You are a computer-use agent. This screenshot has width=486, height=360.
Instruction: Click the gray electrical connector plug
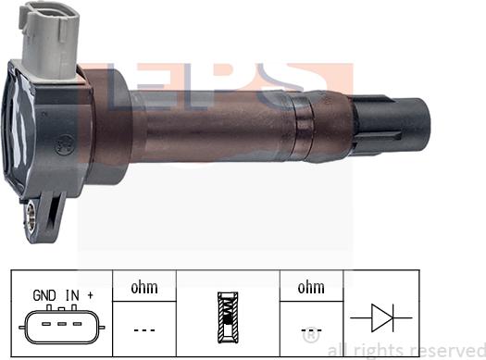(50, 41)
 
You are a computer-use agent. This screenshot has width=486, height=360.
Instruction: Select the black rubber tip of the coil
(392, 126)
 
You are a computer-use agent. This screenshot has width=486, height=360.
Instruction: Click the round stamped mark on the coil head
(65, 145)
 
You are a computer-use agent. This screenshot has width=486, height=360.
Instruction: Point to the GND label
(44, 295)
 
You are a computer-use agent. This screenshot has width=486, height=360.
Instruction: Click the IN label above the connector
(72, 295)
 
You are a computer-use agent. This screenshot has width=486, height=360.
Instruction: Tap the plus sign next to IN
(90, 295)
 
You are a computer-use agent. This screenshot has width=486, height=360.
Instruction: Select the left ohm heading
(144, 288)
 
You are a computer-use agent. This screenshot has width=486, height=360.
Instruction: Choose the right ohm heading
(311, 288)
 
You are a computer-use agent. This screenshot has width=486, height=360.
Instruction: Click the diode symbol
(381, 317)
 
